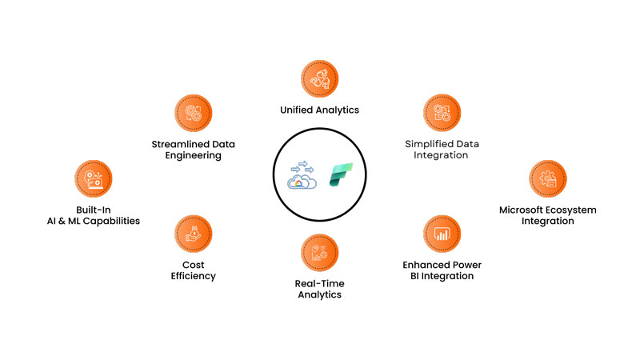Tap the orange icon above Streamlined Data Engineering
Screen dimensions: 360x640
tap(193, 114)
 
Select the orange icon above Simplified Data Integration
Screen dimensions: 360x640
tap(441, 114)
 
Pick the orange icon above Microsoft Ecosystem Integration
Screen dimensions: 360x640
tap(547, 179)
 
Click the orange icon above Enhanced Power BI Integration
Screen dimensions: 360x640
tap(441, 234)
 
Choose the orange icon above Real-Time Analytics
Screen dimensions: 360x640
tap(320, 253)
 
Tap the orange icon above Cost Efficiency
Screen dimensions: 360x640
tap(193, 233)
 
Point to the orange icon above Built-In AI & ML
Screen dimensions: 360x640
tap(92, 179)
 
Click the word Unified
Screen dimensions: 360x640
tap(297, 110)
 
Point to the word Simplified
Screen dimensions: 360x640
tap(428, 144)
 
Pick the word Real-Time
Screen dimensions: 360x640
tap(308, 283)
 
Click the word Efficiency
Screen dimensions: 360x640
tap(193, 276)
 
